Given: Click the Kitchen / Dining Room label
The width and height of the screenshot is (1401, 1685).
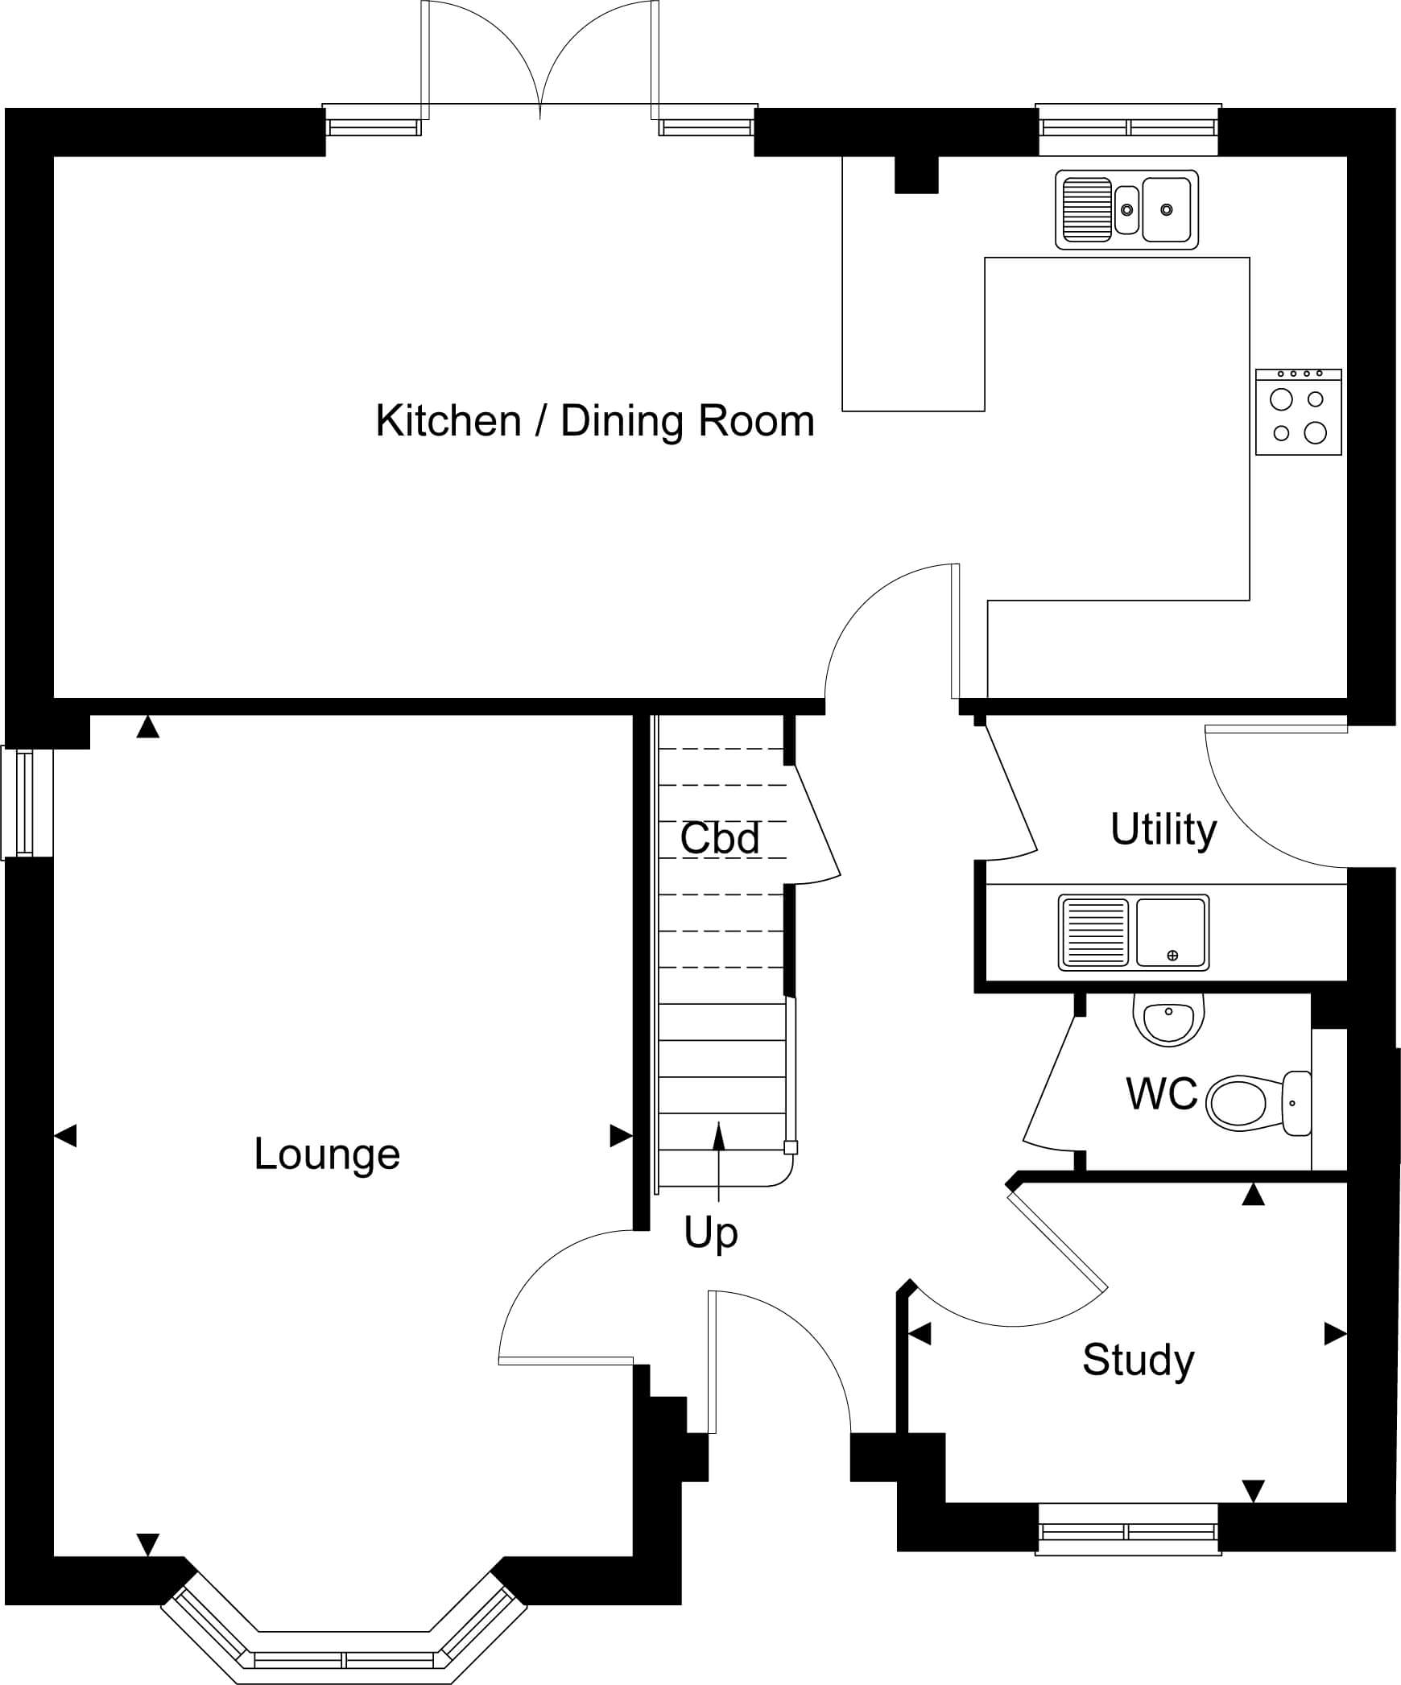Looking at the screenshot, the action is click(x=595, y=422).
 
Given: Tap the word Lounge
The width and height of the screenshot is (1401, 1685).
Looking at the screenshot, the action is click(x=327, y=1155).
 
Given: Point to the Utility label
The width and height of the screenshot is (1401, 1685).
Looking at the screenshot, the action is click(x=1163, y=829).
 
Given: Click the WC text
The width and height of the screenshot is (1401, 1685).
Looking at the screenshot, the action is click(x=1162, y=1094).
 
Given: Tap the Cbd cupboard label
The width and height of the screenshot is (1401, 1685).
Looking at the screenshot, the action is click(x=720, y=838).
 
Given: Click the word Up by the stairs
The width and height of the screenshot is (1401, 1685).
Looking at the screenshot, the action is click(x=710, y=1233).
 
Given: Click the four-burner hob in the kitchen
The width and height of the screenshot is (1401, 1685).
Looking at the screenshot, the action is click(x=1299, y=411).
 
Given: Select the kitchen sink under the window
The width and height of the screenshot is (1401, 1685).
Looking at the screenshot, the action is click(x=1126, y=209).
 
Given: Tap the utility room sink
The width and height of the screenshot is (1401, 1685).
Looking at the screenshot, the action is click(x=1134, y=932).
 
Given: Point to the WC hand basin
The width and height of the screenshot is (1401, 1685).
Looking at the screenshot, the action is click(x=1169, y=1019).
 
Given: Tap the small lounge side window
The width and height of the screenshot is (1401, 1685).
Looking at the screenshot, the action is click(x=27, y=803).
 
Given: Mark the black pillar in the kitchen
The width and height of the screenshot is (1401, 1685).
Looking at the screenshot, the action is click(x=916, y=175).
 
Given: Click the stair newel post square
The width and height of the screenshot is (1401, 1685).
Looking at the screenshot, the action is click(x=791, y=1148).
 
